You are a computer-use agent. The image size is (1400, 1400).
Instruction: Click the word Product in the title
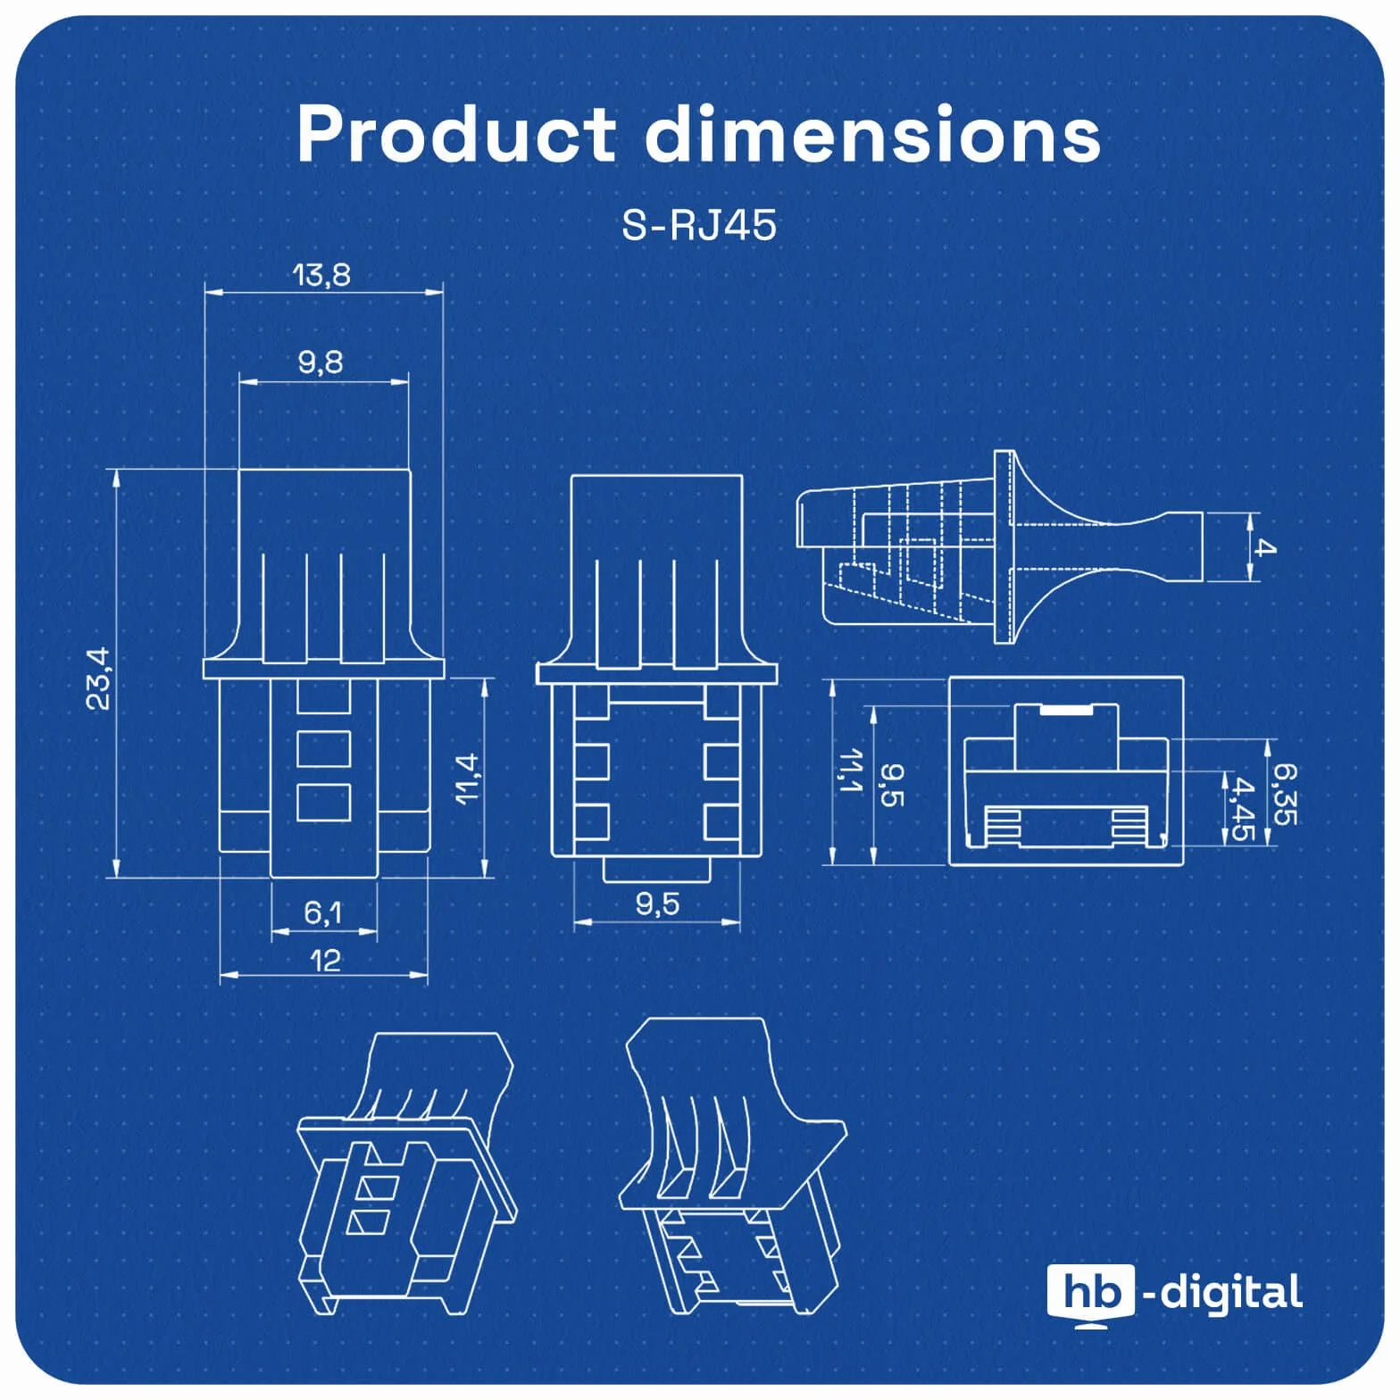456,134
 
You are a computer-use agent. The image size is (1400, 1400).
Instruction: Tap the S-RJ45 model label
699,226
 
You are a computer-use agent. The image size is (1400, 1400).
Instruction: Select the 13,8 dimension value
321,275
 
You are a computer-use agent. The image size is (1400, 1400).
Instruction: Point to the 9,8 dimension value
321,362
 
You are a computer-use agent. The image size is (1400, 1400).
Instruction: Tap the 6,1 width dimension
322,912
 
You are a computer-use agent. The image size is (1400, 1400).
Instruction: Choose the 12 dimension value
325,961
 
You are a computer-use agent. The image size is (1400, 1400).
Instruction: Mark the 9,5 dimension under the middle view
658,904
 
